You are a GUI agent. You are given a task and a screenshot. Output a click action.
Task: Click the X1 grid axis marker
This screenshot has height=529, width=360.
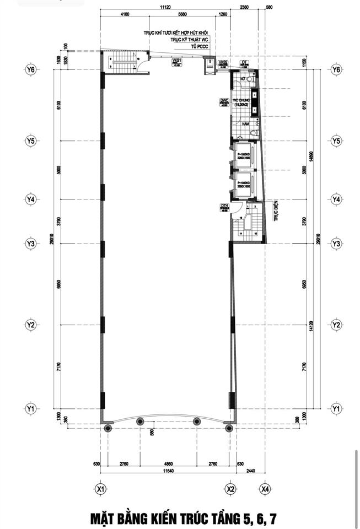click(100, 488)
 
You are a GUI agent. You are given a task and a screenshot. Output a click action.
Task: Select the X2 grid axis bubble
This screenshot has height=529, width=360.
click(232, 488)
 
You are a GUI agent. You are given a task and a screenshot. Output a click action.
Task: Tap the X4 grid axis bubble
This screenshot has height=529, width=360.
click(265, 488)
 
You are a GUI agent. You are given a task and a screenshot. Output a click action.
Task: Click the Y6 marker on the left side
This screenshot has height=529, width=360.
click(30, 69)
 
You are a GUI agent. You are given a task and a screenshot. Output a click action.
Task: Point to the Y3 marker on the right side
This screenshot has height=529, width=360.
click(335, 243)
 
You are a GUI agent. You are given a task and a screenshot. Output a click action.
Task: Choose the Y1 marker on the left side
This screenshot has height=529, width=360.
click(30, 408)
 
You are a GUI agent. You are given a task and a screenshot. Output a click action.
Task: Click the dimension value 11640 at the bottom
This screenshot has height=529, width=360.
click(169, 472)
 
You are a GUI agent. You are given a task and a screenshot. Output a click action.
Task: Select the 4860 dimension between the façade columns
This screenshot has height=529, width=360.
click(169, 465)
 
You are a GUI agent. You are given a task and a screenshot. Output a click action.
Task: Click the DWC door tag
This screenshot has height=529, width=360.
click(224, 101)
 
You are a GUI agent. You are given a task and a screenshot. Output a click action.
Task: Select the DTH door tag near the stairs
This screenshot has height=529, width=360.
click(224, 206)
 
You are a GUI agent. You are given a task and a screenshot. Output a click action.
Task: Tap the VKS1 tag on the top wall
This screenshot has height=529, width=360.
click(177, 61)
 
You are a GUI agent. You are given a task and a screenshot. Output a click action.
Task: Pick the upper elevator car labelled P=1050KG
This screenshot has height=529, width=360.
click(243, 153)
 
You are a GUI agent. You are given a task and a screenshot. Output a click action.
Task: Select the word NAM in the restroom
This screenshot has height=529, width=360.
click(240, 125)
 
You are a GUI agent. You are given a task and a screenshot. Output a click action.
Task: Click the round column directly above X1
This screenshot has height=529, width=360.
click(108, 427)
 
